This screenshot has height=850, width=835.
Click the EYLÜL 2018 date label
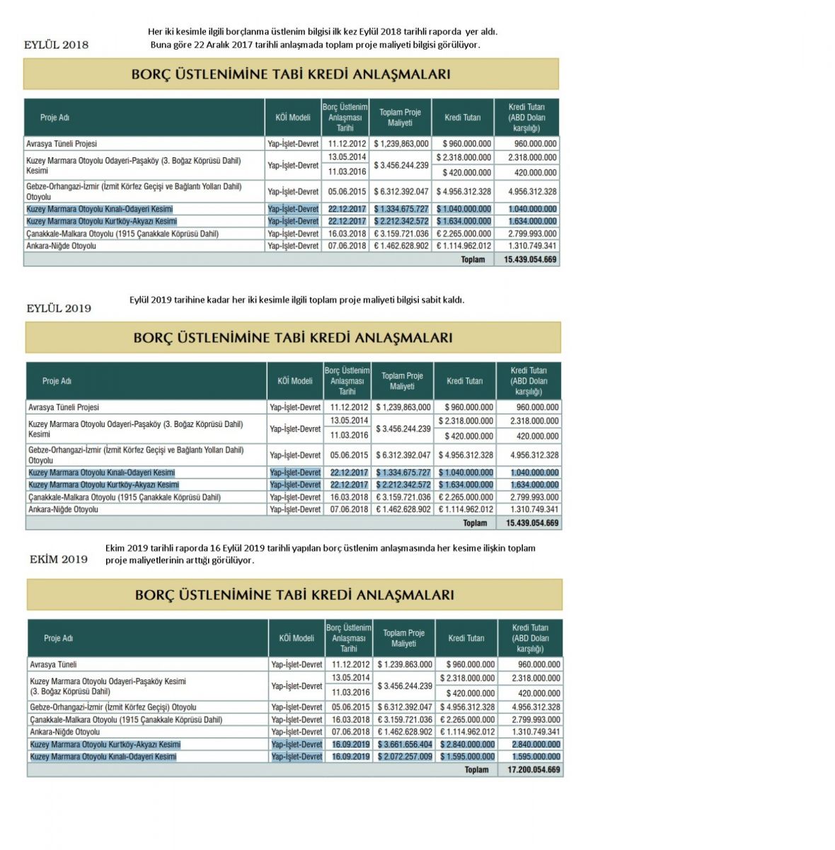point(57,45)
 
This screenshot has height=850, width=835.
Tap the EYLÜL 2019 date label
point(59,308)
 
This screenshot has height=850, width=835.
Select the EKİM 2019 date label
point(59,559)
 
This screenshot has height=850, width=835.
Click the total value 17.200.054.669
point(534,769)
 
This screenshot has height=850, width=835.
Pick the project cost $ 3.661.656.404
point(405,744)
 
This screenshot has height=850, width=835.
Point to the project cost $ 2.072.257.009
point(405,756)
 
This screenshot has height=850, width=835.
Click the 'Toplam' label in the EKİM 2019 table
point(476,769)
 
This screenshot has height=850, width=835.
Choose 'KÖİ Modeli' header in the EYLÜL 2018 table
point(293,118)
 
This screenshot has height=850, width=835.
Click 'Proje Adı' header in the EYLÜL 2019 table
point(57,381)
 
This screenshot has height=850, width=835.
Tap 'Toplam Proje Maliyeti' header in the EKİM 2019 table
point(403,638)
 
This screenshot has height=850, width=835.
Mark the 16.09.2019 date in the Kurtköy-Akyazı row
point(351,744)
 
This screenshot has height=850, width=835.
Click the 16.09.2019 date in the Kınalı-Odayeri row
point(351,756)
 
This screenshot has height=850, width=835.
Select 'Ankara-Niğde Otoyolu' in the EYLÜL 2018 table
point(61,246)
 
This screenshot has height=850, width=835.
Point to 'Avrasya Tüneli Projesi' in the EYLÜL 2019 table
point(64,407)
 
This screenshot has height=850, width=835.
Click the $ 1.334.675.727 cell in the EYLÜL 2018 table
point(401,209)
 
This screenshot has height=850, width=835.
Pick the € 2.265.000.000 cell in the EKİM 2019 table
point(467,720)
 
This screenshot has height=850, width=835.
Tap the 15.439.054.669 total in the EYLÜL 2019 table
point(532,523)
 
